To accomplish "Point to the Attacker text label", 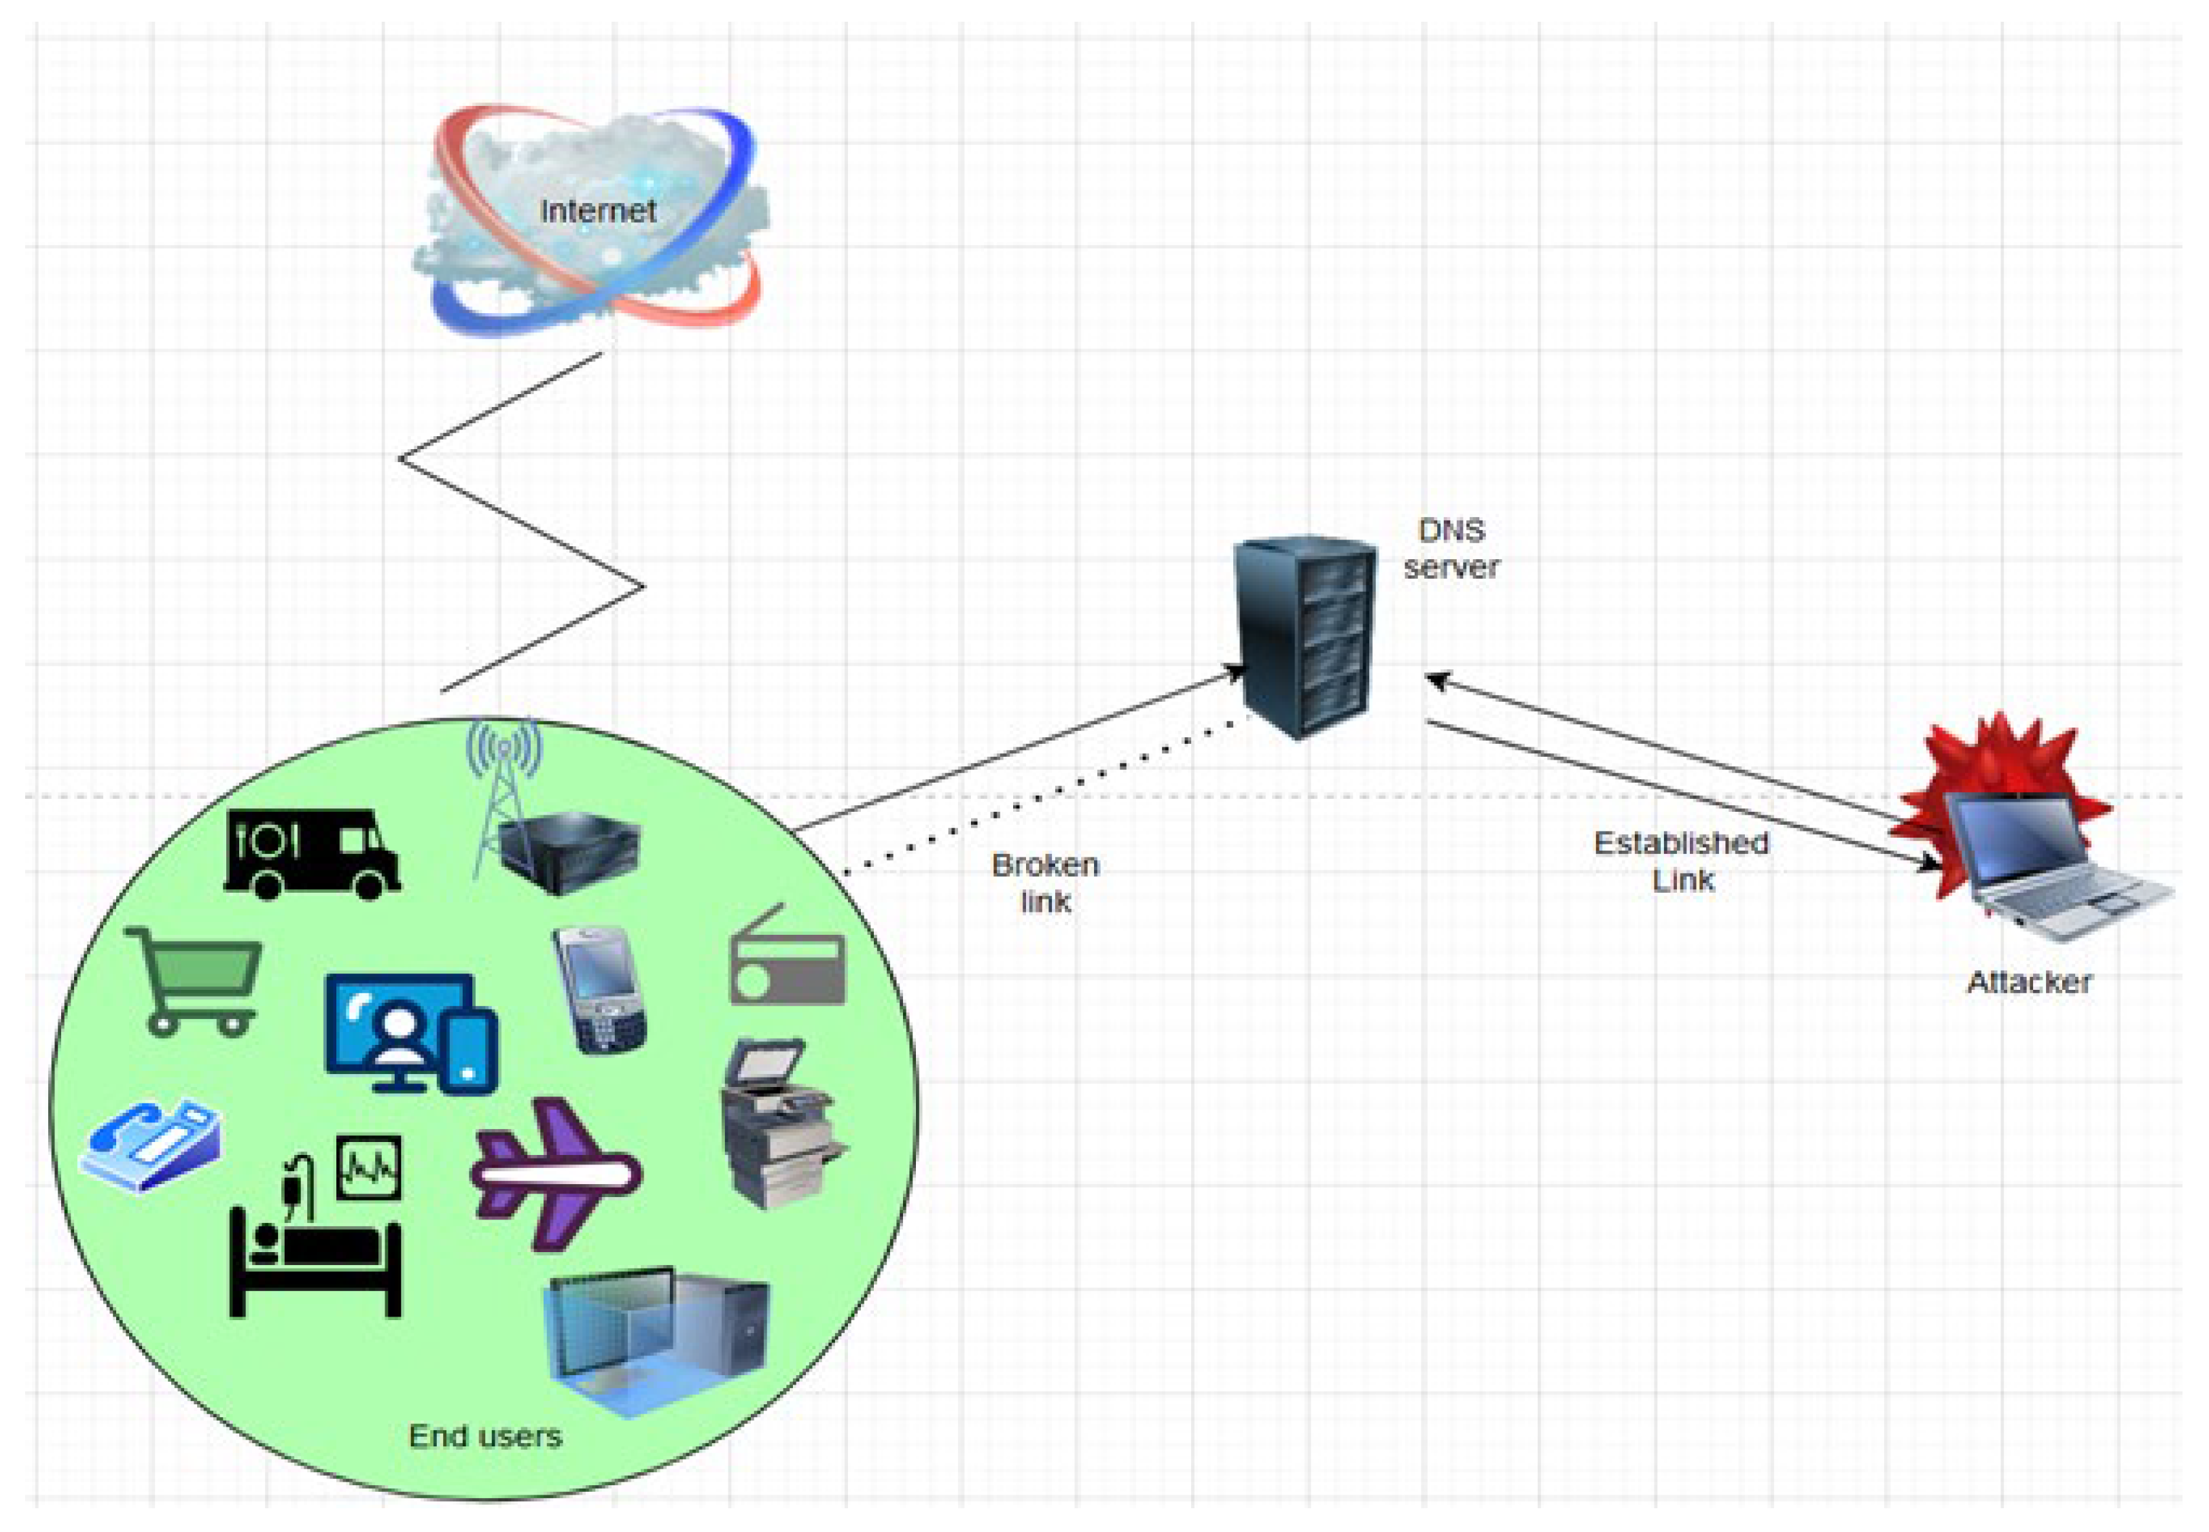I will pos(2028,982).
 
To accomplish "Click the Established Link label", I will pos(1681,861).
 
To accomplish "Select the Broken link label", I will pos(1044,882).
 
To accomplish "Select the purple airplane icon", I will pos(555,1173).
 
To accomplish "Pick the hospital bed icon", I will pos(315,1234).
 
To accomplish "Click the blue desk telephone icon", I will pos(152,1145).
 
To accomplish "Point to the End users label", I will pos(484,1436).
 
